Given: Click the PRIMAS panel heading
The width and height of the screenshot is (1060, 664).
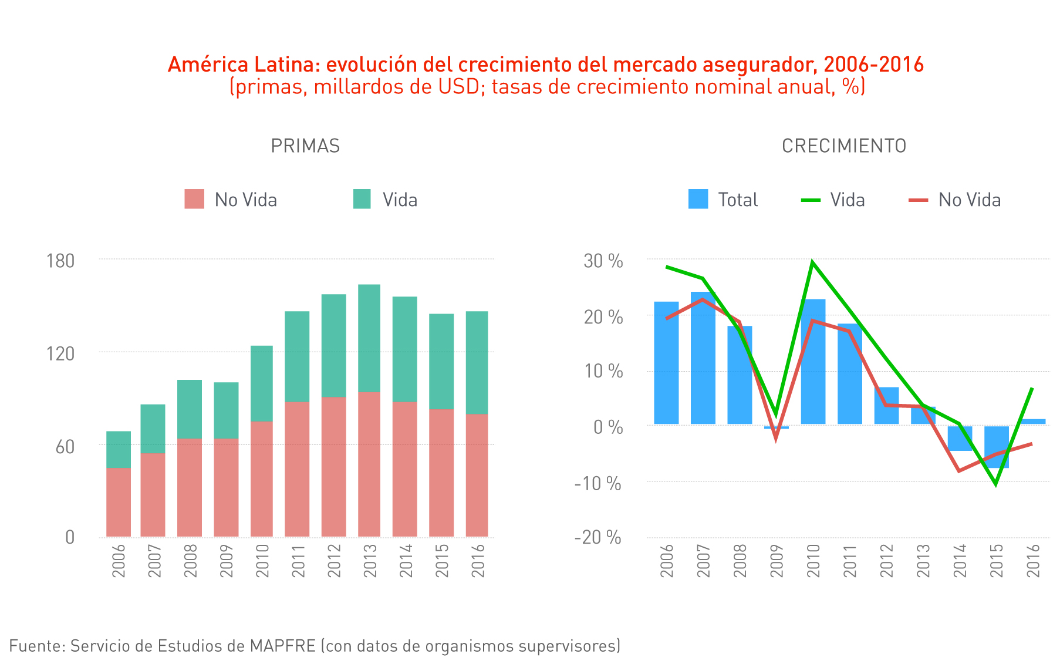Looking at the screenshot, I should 305,146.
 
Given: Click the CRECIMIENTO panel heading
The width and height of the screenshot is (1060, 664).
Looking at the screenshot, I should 843,146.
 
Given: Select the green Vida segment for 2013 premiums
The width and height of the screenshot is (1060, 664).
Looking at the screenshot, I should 369,338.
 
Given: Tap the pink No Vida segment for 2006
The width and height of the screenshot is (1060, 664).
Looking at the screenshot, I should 119,502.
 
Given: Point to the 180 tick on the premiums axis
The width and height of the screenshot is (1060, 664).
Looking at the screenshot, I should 60,261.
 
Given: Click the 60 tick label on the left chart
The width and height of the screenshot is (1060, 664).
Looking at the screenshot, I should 65,447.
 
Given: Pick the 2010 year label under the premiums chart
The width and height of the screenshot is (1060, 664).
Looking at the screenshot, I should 262,560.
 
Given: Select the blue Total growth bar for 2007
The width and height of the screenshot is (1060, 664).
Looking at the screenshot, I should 703,358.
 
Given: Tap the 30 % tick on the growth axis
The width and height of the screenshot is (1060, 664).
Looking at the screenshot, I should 603,261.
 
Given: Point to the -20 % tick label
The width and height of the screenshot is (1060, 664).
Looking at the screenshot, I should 597,537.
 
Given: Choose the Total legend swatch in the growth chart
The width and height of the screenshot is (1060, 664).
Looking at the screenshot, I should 698,199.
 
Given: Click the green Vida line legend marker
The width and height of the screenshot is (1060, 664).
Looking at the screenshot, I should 811,200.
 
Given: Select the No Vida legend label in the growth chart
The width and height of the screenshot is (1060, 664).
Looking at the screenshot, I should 969,200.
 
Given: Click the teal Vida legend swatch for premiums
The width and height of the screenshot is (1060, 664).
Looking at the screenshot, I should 362,199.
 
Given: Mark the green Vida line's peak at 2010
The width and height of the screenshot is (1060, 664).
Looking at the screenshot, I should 812,262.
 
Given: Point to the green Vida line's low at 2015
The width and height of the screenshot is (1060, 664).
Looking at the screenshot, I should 995,484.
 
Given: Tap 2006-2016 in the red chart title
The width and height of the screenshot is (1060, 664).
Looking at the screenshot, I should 873,64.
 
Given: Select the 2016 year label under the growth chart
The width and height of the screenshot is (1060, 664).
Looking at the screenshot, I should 1034,560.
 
